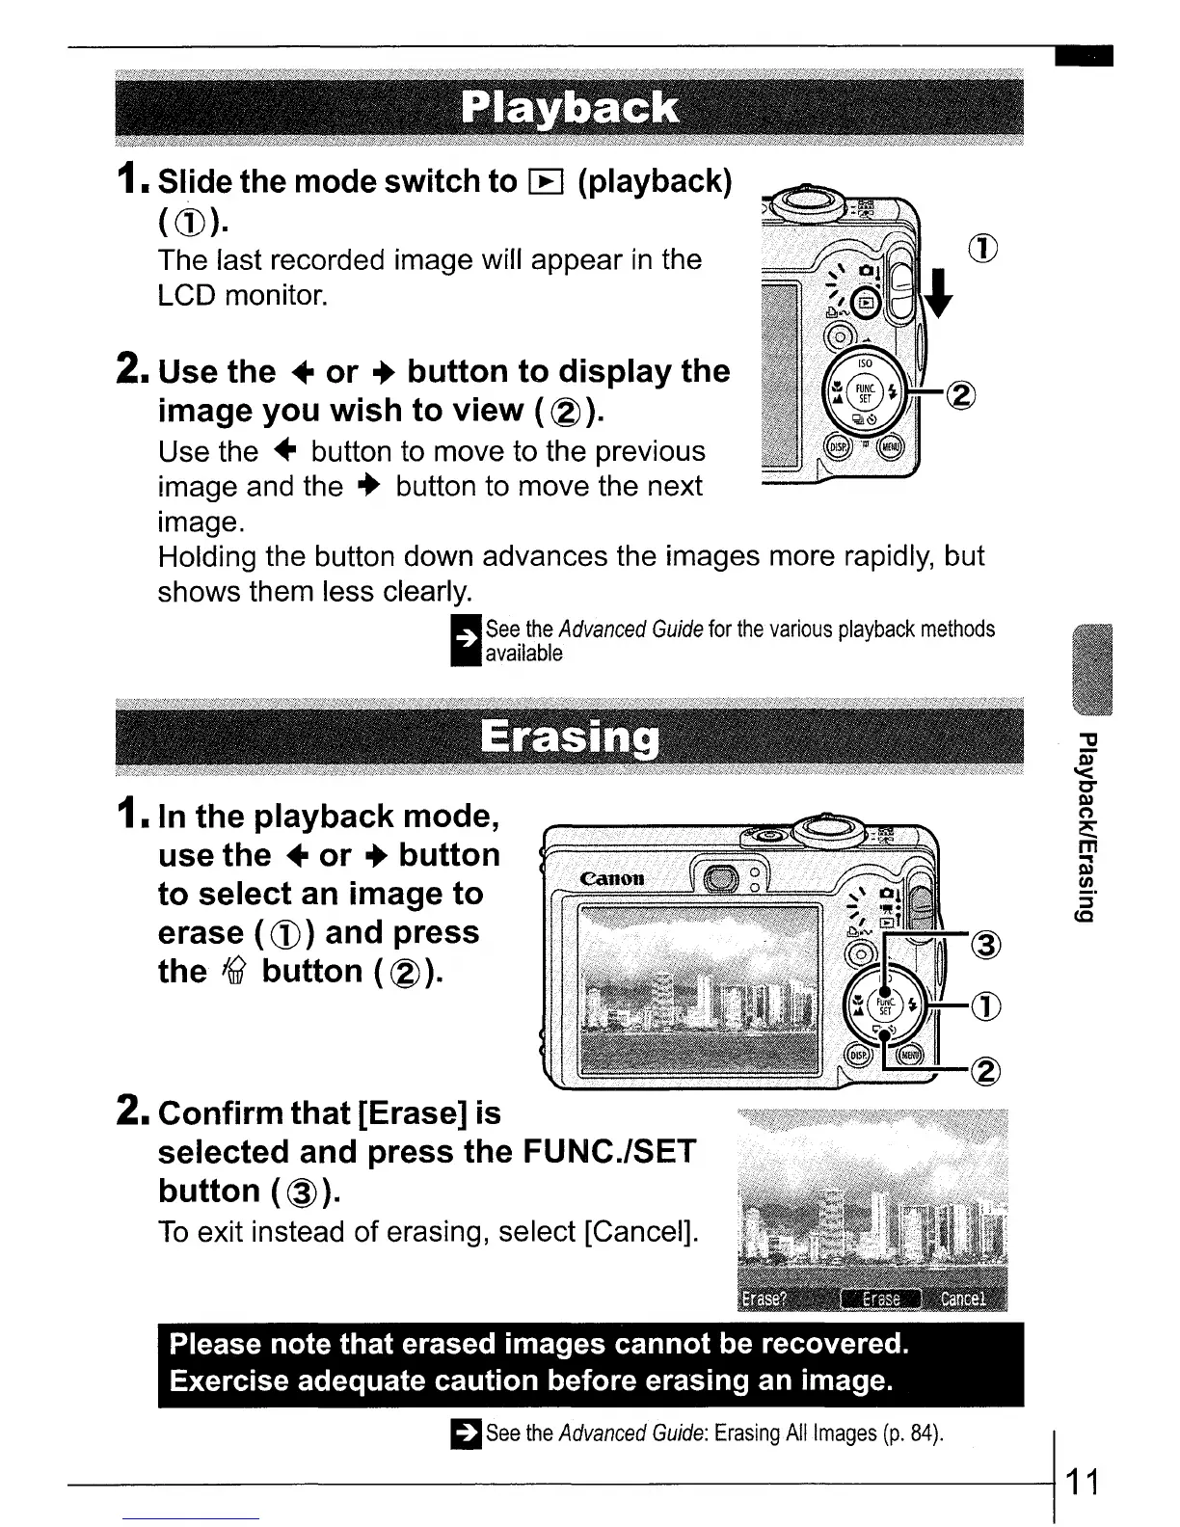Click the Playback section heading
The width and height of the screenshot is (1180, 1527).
coord(569,108)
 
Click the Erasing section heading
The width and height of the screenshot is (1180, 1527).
coord(569,738)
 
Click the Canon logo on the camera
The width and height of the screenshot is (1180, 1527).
coord(612,878)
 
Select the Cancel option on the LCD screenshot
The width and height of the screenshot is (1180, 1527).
coord(963,1299)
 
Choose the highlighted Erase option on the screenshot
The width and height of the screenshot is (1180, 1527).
coord(880,1299)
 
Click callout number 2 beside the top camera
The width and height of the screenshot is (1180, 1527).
coord(961,394)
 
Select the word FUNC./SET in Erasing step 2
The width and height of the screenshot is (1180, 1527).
coord(608,1152)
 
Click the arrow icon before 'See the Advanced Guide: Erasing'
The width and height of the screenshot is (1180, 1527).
coord(467,1433)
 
